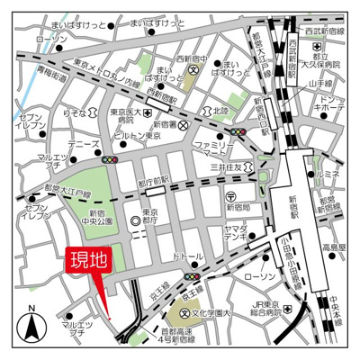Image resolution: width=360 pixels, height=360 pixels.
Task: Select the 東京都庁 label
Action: [x=158, y=224]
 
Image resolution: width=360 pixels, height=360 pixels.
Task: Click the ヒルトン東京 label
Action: [x=139, y=135]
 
